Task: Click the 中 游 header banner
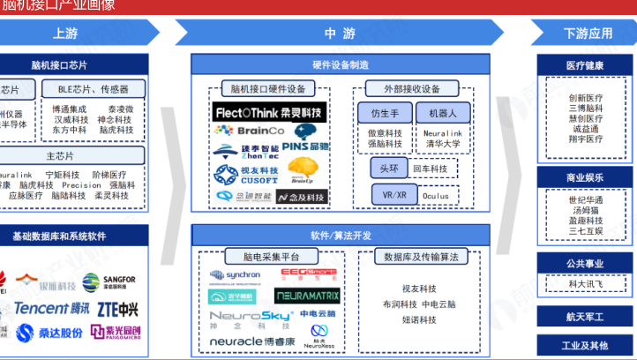click(x=340, y=34)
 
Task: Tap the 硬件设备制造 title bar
click(x=341, y=65)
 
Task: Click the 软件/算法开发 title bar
click(x=341, y=235)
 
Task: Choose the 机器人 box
click(x=443, y=114)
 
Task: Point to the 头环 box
click(x=389, y=169)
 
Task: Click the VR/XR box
click(x=389, y=195)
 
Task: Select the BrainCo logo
click(x=244, y=131)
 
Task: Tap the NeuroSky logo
click(x=239, y=316)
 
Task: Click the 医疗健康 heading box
click(x=586, y=65)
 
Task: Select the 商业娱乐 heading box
click(x=586, y=177)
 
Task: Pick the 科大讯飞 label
click(x=586, y=284)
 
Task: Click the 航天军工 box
click(x=586, y=317)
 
